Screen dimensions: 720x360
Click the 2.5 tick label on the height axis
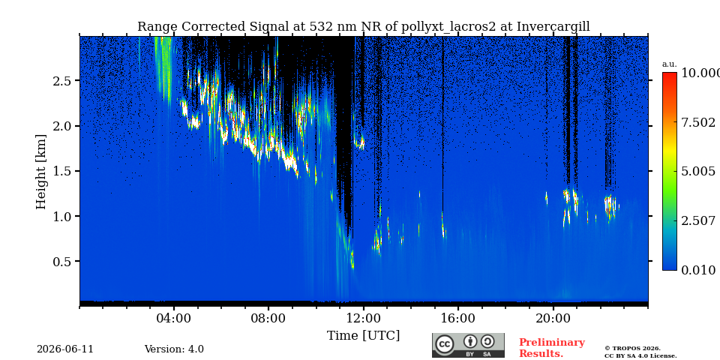63,81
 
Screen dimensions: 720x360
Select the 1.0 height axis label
63,216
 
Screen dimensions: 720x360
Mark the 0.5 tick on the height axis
63,261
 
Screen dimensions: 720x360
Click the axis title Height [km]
41,172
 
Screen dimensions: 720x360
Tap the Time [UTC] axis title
363,336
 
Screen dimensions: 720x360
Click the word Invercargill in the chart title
553,27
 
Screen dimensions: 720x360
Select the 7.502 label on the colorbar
698,122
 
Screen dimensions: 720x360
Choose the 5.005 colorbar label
698,172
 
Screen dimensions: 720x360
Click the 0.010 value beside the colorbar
698,271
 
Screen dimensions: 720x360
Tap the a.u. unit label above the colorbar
670,64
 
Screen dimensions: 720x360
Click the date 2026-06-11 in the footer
65,349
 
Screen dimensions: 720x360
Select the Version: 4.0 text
174,349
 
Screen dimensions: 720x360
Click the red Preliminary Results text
552,348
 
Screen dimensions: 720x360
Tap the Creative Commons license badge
468,345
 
